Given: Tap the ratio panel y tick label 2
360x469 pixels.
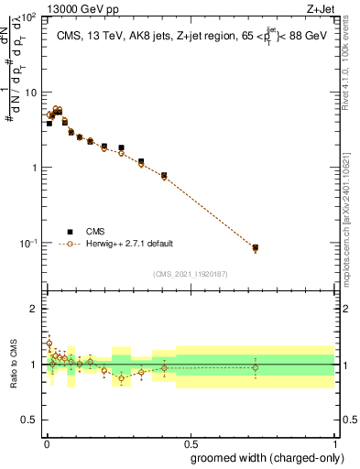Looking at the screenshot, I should click(35, 309).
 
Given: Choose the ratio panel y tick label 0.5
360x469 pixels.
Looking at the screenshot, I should click(30, 420).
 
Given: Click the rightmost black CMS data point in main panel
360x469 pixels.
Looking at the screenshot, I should click(256, 247).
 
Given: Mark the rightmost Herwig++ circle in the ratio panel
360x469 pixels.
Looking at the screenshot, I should click(256, 368).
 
